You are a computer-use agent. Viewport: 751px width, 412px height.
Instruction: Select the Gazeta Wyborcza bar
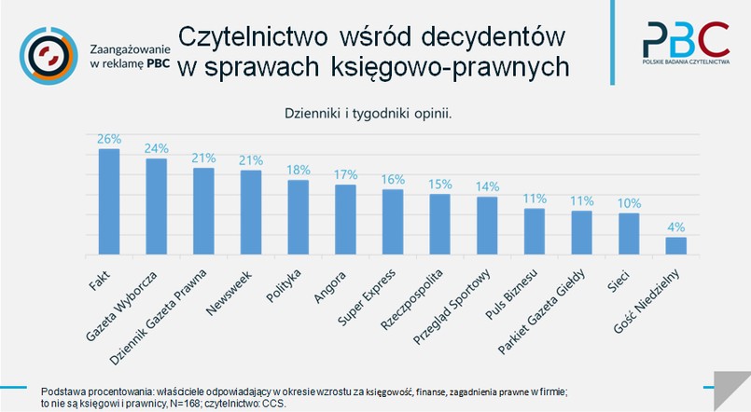pyautogui.click(x=156, y=206)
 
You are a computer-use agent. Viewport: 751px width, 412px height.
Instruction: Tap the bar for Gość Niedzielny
pyautogui.click(x=675, y=245)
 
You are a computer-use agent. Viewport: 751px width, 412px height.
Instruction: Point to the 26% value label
pyautogui.click(x=109, y=139)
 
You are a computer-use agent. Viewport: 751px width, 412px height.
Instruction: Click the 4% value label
pyautogui.click(x=675, y=227)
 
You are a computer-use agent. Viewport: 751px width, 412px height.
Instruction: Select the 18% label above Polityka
pyautogui.click(x=298, y=170)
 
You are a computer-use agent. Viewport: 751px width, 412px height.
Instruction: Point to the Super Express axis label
pyautogui.click(x=366, y=297)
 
